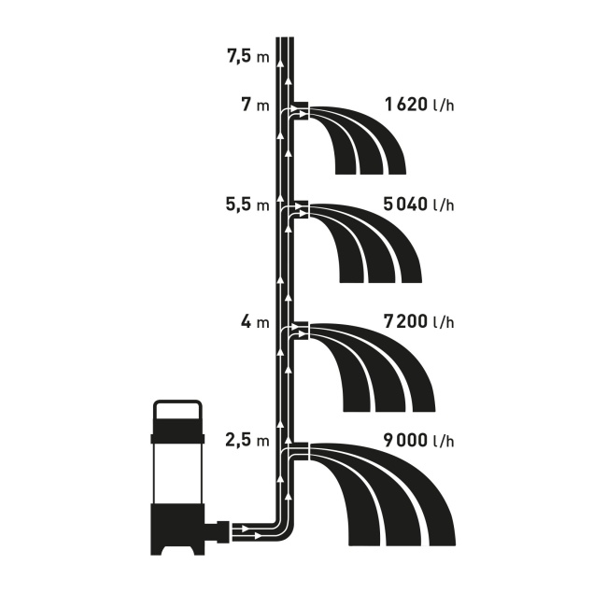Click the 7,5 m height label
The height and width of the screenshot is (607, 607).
[x=247, y=57]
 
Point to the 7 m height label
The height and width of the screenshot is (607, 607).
[x=255, y=105]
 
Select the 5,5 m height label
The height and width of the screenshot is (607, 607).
[x=247, y=205]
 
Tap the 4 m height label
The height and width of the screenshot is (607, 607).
[x=255, y=321]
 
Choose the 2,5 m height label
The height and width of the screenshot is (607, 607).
[x=247, y=440]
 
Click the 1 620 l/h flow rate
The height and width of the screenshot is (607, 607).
[x=419, y=105]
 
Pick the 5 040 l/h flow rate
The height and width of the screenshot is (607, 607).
[x=419, y=205]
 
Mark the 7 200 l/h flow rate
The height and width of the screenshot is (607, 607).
[x=419, y=321]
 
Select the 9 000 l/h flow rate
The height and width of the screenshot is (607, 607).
[x=419, y=440]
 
